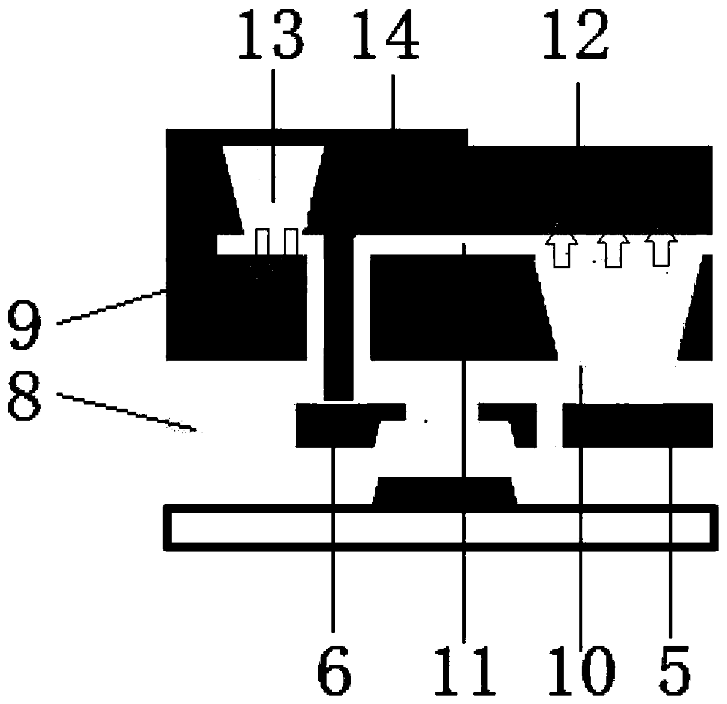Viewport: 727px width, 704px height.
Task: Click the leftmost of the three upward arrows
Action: coord(561,250)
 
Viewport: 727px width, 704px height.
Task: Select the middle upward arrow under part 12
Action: coord(612,250)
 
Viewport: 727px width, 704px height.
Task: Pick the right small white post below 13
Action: coord(290,241)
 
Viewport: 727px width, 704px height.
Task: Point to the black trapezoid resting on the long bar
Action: coord(444,492)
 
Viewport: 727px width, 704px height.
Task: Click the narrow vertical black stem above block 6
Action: coord(338,318)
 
